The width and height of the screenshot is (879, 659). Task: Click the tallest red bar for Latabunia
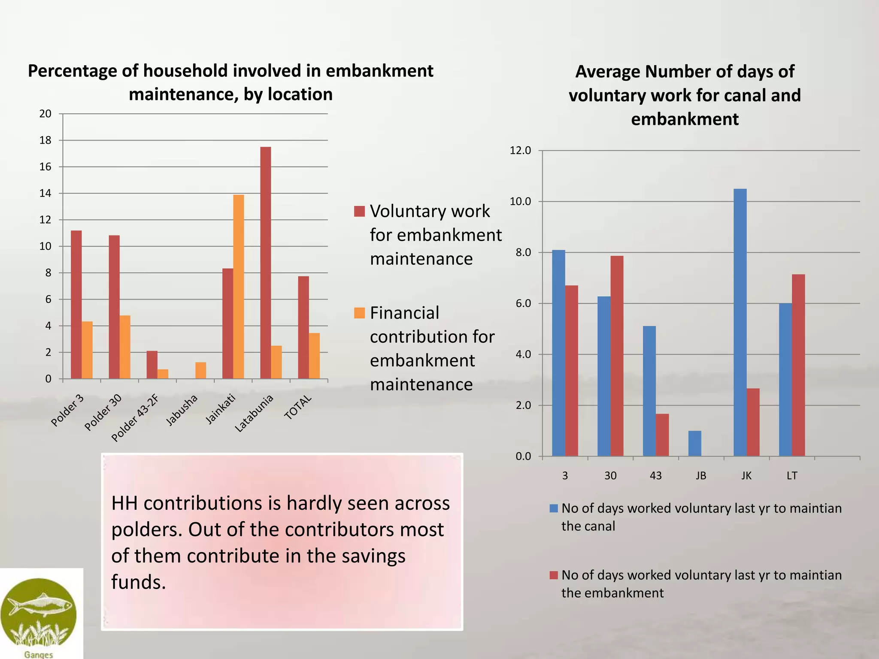[265, 263]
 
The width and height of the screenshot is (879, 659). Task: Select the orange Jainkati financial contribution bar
[238, 287]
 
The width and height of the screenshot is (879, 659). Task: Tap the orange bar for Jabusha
[200, 371]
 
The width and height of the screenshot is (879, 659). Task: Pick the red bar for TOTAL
[303, 327]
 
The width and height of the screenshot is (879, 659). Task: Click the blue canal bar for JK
[740, 322]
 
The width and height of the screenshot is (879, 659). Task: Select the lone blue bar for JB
[694, 443]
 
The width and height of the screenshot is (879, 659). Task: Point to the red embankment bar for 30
[617, 356]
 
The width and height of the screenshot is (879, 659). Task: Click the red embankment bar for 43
[662, 435]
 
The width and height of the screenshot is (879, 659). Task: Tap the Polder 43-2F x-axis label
[135, 418]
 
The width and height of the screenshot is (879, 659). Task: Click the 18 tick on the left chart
[45, 140]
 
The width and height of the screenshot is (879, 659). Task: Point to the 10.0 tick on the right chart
[520, 202]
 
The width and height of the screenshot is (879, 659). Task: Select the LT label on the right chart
[792, 475]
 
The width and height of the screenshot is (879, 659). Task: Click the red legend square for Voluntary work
[359, 211]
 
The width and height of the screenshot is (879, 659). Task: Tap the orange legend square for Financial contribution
[359, 313]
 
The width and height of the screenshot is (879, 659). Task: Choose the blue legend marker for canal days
[554, 508]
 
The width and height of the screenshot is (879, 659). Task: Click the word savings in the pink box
[373, 556]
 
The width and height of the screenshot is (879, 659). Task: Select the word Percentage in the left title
[72, 71]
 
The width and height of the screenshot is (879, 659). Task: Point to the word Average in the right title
[607, 72]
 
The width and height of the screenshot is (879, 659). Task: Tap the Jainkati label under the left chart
[221, 409]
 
